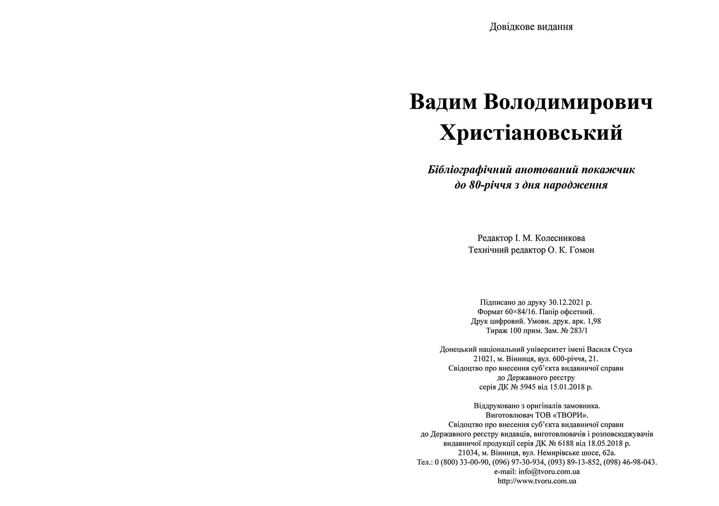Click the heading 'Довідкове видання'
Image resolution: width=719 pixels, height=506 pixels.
531,27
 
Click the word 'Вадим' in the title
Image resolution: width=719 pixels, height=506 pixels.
443,102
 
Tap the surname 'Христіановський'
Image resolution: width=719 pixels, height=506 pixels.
531,133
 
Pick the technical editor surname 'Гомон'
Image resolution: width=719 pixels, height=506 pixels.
582,250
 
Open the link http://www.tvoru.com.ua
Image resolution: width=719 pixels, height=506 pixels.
537,481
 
